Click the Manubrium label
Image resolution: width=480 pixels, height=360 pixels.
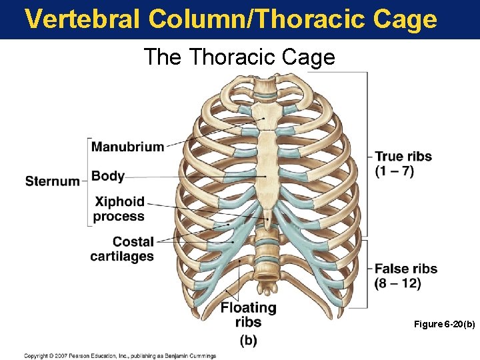[x=127, y=147]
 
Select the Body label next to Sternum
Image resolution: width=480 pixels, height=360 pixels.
[x=108, y=176]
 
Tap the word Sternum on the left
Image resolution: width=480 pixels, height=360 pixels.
[x=52, y=181]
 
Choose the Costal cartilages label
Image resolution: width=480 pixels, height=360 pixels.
[x=122, y=249]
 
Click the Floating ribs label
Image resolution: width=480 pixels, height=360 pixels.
[x=248, y=315]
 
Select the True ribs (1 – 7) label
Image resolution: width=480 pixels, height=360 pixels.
[x=403, y=163]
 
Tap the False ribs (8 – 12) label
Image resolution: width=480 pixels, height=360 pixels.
[x=405, y=276]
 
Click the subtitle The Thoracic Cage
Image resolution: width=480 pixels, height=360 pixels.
[x=239, y=57]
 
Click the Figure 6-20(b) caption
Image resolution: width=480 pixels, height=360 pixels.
[x=444, y=324]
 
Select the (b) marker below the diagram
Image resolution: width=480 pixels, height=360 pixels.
[x=248, y=341]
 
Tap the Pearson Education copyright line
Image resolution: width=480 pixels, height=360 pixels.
[x=120, y=355]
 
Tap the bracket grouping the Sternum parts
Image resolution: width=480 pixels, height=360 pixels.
[x=87, y=181]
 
